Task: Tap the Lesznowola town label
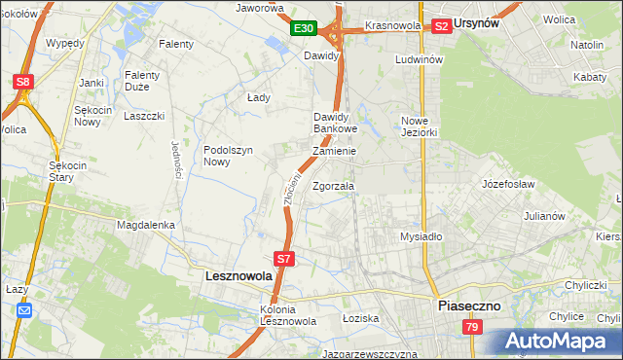(239, 276)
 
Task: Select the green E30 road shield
(305, 28)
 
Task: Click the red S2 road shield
(442, 26)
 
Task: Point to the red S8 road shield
(22, 83)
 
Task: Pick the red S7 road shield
(283, 259)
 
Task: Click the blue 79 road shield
(471, 328)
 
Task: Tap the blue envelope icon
(24, 310)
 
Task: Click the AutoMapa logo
(561, 342)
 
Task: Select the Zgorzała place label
(334, 186)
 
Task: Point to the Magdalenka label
(146, 225)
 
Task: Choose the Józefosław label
(510, 183)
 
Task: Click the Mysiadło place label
(421, 236)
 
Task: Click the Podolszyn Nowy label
(229, 156)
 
